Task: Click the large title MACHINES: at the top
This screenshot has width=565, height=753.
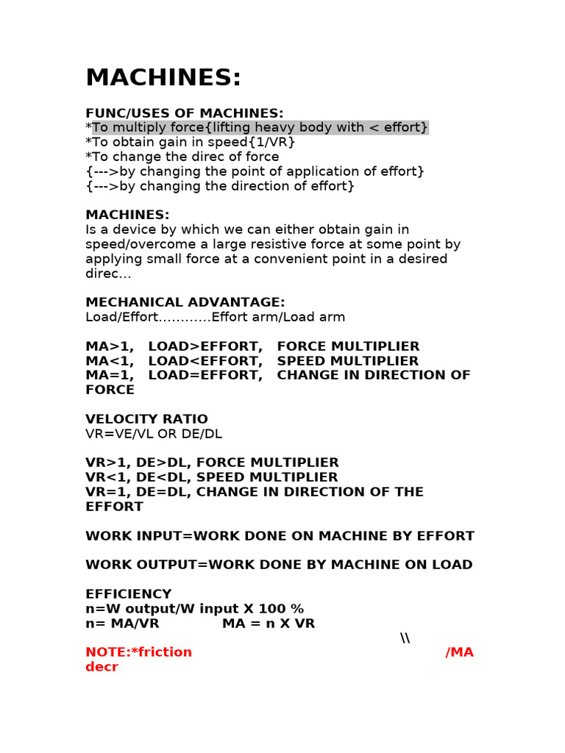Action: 163,78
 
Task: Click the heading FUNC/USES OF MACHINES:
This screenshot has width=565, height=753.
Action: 184,113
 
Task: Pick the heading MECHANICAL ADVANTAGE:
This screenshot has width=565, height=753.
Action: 185,302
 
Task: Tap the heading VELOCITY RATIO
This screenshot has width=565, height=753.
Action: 146,419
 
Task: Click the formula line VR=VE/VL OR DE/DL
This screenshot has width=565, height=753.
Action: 153,434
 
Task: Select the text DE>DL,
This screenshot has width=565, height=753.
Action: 168,463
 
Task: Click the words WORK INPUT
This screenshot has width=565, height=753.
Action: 127,536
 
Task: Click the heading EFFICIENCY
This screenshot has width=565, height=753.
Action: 128,594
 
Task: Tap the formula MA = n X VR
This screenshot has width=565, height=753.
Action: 268,624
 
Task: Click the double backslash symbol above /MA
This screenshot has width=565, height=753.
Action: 405,638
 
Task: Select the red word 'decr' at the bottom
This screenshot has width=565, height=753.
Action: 102,667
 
